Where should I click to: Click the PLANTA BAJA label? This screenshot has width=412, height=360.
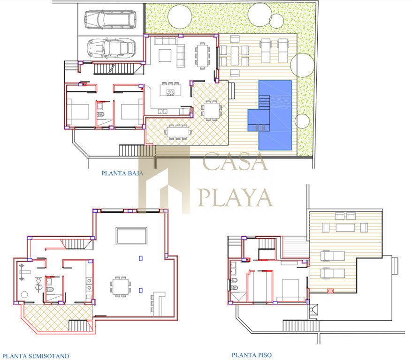coord(122,173)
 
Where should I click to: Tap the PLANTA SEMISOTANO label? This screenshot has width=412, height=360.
coord(36,356)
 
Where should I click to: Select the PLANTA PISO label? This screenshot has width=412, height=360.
coord(252,355)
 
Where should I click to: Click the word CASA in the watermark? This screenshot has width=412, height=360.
coord(236,162)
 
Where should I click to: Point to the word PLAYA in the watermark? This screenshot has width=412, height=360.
coord(236,197)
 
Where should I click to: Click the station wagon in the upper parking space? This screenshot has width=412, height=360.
coord(110,19)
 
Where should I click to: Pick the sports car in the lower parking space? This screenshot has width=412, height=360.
coord(111,48)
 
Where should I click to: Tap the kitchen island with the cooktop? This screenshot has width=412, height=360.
coord(170,90)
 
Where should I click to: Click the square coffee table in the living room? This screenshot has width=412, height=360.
coord(165,55)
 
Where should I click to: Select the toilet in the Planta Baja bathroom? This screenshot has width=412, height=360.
coord(100,114)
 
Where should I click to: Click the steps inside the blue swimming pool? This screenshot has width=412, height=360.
coord(264,103)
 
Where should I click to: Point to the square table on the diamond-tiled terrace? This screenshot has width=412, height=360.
coord(212,111)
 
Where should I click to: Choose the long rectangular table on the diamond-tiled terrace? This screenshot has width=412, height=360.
coord(178,132)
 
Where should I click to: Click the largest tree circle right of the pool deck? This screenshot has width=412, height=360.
coord(303,65)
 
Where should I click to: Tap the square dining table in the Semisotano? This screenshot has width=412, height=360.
coord(121,286)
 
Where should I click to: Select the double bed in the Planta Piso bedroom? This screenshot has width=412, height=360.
coord(290,290)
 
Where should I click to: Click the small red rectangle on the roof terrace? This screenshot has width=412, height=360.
coord(330,291)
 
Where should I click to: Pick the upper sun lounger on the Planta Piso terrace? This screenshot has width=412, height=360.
coord(332,256)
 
